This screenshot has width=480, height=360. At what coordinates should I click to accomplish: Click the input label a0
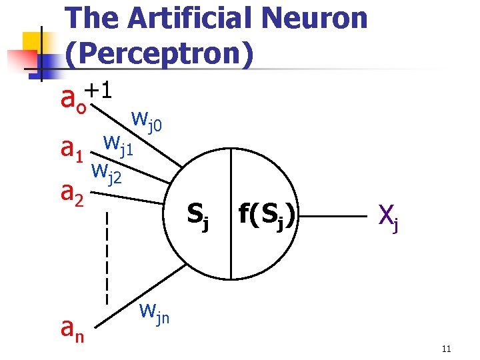point(73,101)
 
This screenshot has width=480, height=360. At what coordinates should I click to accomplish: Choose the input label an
point(71,327)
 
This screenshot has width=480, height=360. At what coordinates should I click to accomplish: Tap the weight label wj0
point(151,121)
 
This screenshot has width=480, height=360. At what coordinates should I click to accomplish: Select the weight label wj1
point(118,144)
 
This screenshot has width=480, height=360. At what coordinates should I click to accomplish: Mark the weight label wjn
point(154,313)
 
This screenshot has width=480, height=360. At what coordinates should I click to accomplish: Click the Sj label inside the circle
point(198,214)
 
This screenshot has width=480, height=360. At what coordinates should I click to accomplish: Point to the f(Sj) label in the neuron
point(269,214)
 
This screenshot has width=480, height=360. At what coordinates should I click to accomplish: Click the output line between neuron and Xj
point(333,217)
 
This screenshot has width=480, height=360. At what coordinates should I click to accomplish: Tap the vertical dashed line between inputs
point(107,257)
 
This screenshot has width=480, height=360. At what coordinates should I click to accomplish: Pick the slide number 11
point(447,349)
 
